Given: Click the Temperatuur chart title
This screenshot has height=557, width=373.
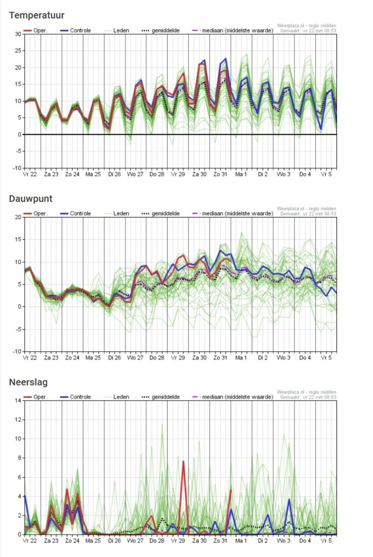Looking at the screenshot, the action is (x=36, y=15).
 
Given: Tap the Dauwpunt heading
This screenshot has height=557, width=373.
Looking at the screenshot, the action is (x=30, y=199).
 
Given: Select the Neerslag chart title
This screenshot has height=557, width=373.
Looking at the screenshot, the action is (x=28, y=382).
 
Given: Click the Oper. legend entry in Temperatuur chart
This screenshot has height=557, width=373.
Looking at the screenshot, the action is (x=35, y=30).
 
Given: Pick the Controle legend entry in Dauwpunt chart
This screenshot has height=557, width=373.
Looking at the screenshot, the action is (x=75, y=213).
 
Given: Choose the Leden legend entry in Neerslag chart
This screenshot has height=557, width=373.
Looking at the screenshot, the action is (x=117, y=397).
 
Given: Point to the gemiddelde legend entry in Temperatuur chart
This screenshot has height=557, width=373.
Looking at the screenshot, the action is (x=161, y=30).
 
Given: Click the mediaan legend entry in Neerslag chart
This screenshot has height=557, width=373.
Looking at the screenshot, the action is (x=233, y=397).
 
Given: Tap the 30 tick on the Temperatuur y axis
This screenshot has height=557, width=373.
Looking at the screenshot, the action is (x=18, y=34).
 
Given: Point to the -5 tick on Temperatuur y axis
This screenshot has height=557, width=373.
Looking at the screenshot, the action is (x=18, y=151).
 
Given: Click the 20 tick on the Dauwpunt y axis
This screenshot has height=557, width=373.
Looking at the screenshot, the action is (x=18, y=217).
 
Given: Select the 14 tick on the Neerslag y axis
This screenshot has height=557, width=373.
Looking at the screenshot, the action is (x=18, y=401).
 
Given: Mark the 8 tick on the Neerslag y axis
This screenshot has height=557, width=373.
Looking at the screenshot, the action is (x=20, y=458).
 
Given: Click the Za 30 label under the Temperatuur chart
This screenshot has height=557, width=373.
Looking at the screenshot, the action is (x=199, y=175).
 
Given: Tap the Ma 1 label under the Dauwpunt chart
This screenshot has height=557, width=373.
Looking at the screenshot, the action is (x=241, y=358).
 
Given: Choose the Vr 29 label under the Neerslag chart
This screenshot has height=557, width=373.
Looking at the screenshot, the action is (x=178, y=541).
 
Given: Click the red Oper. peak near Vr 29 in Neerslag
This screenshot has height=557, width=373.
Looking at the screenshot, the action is (x=184, y=461).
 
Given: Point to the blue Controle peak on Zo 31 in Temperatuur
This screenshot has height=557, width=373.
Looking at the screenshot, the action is (x=225, y=59).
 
